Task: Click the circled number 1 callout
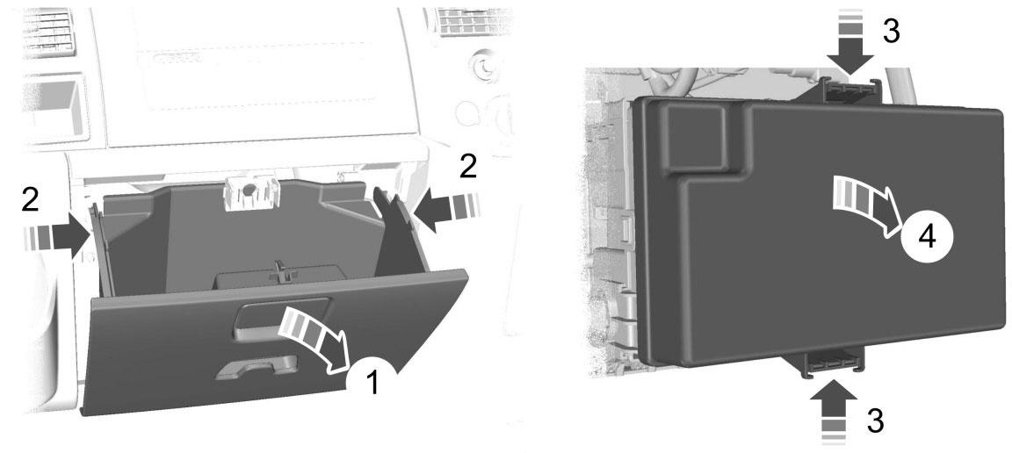[x=372, y=382]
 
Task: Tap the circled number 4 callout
[x=926, y=237]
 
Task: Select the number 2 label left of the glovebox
[x=30, y=201]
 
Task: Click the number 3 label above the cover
[x=892, y=31]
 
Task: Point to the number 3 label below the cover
[x=875, y=421]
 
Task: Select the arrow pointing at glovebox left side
[x=57, y=237]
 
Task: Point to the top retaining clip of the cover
[x=849, y=91]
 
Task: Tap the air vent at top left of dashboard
[x=49, y=31]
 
